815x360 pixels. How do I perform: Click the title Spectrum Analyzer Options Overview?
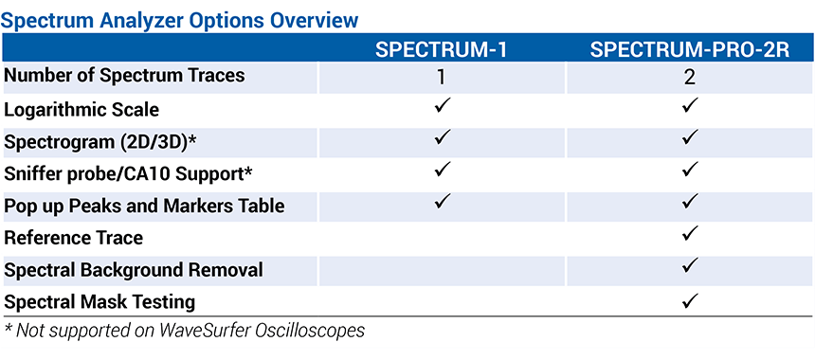click(x=180, y=20)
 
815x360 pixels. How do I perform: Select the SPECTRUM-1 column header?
click(x=442, y=50)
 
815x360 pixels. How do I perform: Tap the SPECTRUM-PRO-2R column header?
click(x=690, y=50)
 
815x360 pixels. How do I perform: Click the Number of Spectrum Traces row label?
click(x=124, y=76)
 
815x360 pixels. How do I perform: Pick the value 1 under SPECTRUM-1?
click(x=442, y=78)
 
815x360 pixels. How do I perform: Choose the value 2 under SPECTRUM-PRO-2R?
click(x=690, y=78)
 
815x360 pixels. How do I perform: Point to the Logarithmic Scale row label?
click(x=81, y=110)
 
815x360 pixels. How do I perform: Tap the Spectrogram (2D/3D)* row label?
click(x=100, y=142)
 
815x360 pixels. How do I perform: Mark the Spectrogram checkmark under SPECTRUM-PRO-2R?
click(x=690, y=137)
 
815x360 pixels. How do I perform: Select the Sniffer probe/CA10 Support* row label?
click(x=128, y=174)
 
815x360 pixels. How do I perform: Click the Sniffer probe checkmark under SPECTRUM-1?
click(x=442, y=169)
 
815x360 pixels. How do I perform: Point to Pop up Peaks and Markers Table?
click(x=144, y=207)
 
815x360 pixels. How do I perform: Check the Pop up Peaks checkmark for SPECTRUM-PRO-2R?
click(x=690, y=202)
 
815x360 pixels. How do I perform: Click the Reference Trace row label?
click(x=73, y=238)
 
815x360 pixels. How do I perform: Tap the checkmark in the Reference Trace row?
click(x=690, y=234)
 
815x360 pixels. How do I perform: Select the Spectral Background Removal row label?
click(x=133, y=270)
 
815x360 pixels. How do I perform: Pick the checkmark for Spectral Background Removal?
click(x=690, y=266)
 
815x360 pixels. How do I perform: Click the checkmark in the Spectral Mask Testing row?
click(x=690, y=299)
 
